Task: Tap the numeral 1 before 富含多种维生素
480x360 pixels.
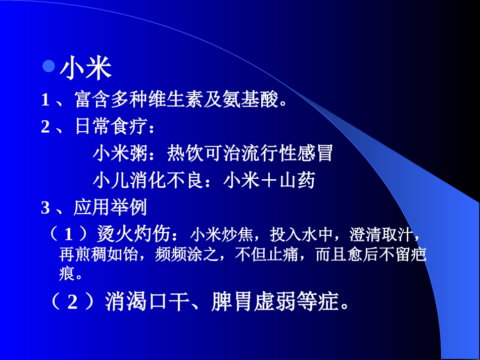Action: coord(45,100)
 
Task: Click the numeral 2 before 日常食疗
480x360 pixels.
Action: coord(45,127)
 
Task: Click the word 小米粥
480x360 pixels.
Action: coord(119,153)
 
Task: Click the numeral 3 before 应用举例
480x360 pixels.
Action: coord(45,207)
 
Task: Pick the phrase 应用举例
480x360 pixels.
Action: coord(110,207)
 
